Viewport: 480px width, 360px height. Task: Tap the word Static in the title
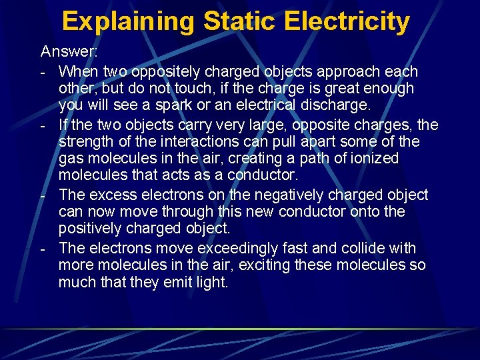tap(239, 21)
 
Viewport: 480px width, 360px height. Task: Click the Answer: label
tap(69, 51)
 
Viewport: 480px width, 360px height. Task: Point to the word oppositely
tap(165, 71)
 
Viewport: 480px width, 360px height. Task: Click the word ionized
tap(375, 159)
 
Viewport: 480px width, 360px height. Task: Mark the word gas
tap(70, 159)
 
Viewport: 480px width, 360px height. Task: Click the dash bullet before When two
tap(43, 72)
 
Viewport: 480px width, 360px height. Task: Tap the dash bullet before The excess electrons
tap(43, 196)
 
